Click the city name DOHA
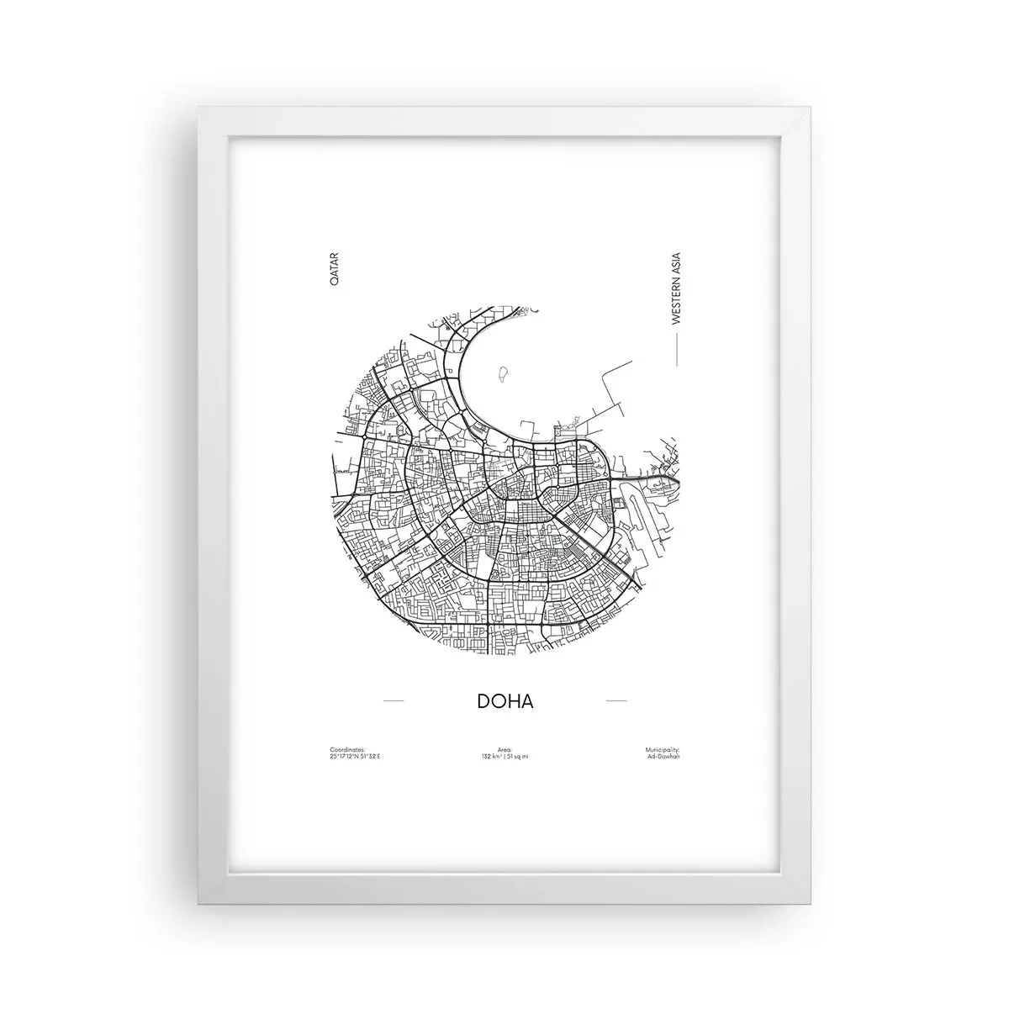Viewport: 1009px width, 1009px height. point(504,701)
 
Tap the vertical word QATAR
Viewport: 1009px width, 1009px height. point(334,270)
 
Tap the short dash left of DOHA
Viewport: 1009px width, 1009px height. point(393,700)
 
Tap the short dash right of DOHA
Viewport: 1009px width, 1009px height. point(616,700)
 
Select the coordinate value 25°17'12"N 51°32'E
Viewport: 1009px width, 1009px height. point(355,757)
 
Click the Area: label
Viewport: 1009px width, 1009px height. point(504,749)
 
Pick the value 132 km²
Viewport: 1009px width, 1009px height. point(493,757)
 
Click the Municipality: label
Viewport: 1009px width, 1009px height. point(662,749)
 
